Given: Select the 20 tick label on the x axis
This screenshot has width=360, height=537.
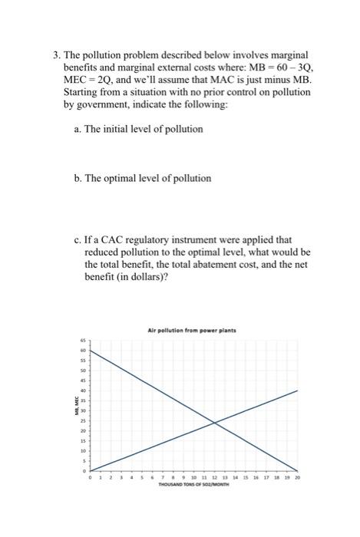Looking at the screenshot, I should (297, 477).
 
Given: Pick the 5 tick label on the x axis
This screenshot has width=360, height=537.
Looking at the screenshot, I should (141, 477).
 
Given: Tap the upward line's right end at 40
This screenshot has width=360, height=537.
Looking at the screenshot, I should (297, 390).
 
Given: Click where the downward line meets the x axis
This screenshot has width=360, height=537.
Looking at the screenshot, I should (297, 470).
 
